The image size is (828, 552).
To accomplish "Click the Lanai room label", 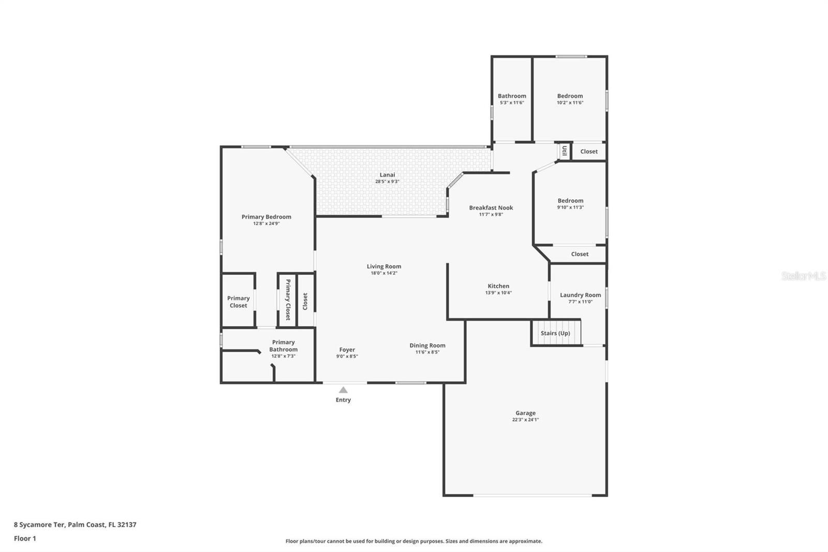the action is tap(387, 175).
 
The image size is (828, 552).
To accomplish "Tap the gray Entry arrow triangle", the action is tap(343, 390).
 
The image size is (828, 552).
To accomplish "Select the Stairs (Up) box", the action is tap(556, 333).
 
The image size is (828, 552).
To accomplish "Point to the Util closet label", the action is tap(565, 151).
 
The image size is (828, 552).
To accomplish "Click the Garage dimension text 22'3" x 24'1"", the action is tap(525, 419).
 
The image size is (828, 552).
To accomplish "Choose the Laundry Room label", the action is tap(580, 295).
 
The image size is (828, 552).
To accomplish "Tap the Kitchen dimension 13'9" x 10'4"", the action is tap(498, 293).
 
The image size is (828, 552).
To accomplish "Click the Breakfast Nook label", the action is tap(491, 208).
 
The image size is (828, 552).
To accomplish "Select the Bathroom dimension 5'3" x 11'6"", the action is tap(512, 103).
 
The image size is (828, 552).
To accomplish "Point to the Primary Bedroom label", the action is tap(266, 217).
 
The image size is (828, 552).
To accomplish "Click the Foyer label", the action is tap(347, 350).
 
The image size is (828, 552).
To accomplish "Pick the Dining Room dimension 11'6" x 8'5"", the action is tap(427, 352).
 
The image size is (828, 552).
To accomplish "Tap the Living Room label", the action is tap(383, 266).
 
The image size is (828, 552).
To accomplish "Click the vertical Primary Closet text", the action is tap(288, 300).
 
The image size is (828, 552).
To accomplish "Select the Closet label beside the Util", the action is tap(589, 151).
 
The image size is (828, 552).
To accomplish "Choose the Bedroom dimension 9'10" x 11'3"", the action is tap(570, 207).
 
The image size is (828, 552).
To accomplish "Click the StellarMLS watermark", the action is tap(804, 275).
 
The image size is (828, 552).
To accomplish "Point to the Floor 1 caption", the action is tap(25, 539).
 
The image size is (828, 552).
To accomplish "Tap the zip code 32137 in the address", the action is tap(127, 524).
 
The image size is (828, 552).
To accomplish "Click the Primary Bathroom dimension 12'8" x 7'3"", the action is tap(283, 356).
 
